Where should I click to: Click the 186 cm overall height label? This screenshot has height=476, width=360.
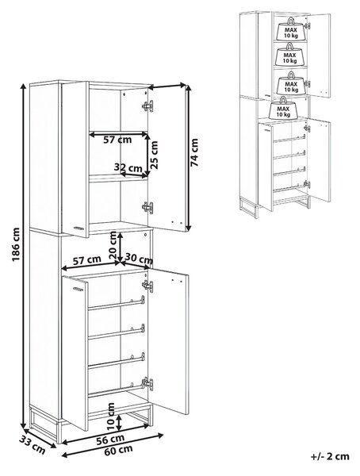16,244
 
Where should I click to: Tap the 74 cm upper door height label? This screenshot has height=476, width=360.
194,152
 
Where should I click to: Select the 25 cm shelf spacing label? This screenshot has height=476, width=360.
154,155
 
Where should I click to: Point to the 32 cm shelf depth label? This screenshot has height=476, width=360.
128,167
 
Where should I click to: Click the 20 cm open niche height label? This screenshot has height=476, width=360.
113,244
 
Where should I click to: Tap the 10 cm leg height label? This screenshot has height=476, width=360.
111,416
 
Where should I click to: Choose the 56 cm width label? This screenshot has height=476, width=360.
110,440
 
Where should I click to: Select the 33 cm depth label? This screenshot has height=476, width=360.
33,445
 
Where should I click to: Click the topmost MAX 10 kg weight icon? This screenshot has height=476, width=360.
290,29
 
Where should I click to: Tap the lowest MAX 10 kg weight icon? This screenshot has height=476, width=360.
283,108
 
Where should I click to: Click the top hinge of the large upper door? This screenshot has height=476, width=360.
147,106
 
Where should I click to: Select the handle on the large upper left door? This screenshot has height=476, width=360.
79,228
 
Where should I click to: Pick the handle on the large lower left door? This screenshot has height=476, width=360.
78,289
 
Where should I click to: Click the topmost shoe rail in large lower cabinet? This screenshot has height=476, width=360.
117,304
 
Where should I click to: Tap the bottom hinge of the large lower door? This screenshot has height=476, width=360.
147,384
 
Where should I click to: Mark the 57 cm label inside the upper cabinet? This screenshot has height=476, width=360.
117,140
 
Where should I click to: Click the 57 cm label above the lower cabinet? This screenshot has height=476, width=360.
87,261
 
